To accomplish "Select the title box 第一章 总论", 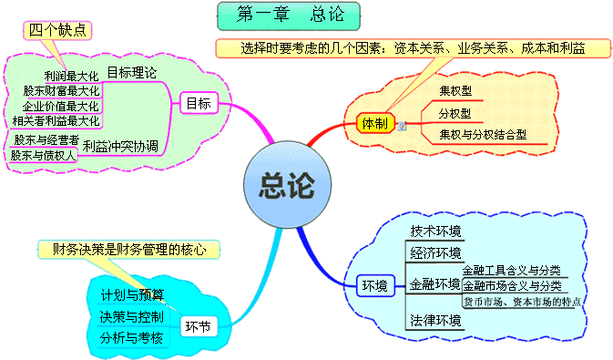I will point(289,15).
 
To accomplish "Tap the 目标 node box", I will point(199,103).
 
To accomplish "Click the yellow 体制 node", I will point(374,122).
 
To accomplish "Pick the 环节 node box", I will point(197,325).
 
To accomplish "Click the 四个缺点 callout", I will point(58,29).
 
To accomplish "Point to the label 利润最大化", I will point(73,75).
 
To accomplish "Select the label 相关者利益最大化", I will point(56,119).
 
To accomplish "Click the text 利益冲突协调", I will point(120,145).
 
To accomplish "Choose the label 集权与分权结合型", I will point(483,134).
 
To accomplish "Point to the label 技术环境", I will point(435,230).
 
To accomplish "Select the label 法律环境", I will point(435,321).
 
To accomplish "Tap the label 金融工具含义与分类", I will point(511,270).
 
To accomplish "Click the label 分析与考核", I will point(133,338).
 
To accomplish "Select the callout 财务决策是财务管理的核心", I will point(128,248).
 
